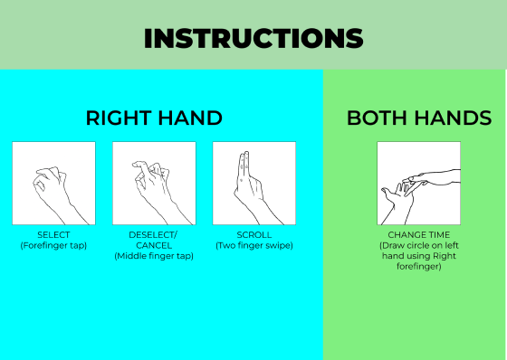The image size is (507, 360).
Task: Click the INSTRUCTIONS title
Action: [253, 38]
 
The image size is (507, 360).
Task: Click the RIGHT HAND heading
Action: [154, 118]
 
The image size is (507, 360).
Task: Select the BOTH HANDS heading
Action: [419, 118]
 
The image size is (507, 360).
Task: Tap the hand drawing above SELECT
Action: [53, 184]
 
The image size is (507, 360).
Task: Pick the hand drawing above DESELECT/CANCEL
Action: [154, 184]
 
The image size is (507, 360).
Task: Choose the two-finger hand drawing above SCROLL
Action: [254, 184]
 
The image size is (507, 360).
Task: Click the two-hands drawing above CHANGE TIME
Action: [418, 184]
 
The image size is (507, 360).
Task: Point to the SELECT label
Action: [53, 235]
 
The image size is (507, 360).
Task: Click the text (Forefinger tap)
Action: [53, 245]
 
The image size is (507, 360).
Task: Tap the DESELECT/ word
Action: [154, 235]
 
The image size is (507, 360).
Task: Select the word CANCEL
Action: [154, 245]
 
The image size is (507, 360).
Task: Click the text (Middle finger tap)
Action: [154, 256]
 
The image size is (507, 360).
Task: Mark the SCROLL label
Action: [254, 235]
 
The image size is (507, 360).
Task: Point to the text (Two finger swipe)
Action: [254, 245]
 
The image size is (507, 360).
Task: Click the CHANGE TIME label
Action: [418, 235]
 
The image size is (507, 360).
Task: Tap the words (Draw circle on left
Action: [418, 245]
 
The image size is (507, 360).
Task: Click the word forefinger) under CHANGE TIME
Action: [418, 267]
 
